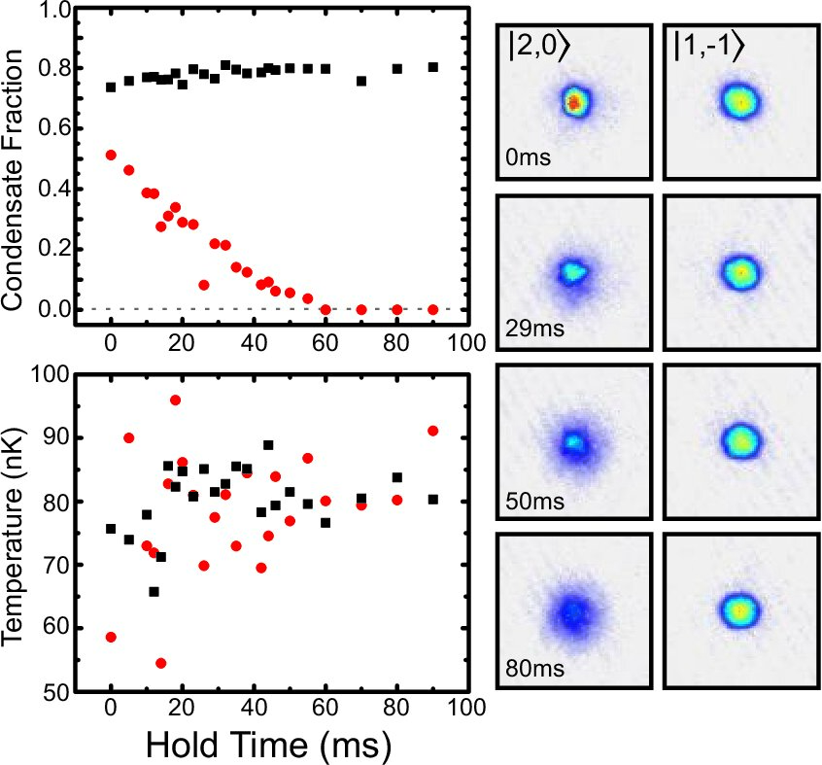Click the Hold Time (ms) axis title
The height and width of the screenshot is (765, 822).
[x=268, y=746]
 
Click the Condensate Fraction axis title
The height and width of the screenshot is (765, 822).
[x=13, y=179]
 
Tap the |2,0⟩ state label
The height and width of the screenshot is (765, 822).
[x=538, y=46]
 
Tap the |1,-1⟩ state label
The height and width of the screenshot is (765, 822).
[x=708, y=46]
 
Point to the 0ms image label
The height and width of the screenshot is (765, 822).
[x=528, y=157]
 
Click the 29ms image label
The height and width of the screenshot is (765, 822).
[x=534, y=329]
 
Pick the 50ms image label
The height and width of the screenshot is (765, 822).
[x=534, y=502]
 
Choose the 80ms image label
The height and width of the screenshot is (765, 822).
[x=534, y=669]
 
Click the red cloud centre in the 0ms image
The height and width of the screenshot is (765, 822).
[x=574, y=102]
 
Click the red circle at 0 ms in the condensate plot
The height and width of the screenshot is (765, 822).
[x=111, y=155]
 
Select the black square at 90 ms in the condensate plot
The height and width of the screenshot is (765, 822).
[x=433, y=67]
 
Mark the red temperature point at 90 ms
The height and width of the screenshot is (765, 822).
[x=433, y=431]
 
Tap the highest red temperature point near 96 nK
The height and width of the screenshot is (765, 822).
[x=175, y=400]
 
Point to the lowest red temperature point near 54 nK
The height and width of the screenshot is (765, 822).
[x=161, y=663]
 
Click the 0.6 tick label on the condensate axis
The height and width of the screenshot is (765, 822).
[x=54, y=128]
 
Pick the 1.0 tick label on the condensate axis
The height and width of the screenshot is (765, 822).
[x=54, y=11]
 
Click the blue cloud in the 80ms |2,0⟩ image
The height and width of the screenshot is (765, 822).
[x=573, y=612]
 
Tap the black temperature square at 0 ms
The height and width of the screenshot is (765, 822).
[x=111, y=529]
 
